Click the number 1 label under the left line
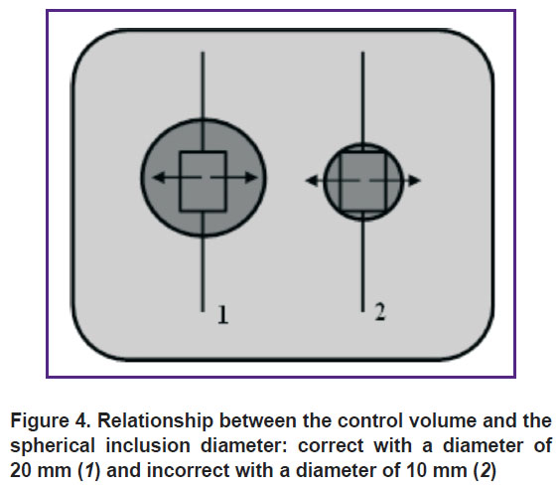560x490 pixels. point(222,315)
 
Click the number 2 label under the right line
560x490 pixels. point(380,311)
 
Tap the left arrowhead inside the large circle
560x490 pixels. point(159,177)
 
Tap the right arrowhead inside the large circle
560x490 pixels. point(251,177)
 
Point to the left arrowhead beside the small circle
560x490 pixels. point(312,181)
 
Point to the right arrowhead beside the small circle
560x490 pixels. point(414,181)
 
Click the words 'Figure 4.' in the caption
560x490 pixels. point(51,420)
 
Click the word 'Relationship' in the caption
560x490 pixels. point(155,422)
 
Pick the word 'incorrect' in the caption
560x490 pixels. point(189,471)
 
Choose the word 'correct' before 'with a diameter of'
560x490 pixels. point(331,446)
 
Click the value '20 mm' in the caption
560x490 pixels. point(41,471)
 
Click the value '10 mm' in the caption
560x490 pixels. point(437,471)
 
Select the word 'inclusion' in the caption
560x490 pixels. point(149,445)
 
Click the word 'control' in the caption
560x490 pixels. point(370,420)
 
